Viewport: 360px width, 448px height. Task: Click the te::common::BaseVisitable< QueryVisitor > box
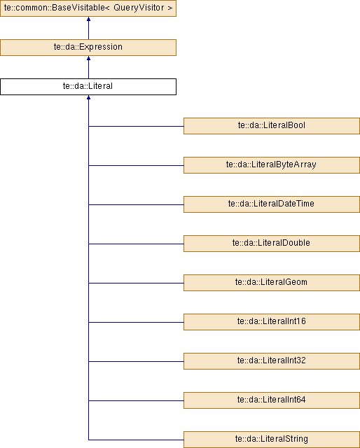click(x=88, y=8)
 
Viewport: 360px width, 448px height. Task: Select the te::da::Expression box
click(x=88, y=48)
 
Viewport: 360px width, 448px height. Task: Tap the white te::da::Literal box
click(x=88, y=87)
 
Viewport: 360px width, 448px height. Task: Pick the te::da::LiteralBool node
click(x=272, y=126)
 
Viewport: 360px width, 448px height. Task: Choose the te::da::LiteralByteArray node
click(x=272, y=165)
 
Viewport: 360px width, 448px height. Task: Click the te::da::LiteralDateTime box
click(x=272, y=204)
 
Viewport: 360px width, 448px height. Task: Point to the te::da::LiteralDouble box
click(x=272, y=244)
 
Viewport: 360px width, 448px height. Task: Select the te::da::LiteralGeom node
click(x=272, y=283)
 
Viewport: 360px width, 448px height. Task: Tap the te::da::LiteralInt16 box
click(x=272, y=322)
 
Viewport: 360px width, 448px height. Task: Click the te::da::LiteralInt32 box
click(x=272, y=361)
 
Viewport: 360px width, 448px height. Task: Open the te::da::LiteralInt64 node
click(x=272, y=400)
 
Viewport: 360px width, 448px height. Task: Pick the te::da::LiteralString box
click(x=272, y=440)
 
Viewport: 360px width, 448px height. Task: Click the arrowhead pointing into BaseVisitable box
click(x=89, y=19)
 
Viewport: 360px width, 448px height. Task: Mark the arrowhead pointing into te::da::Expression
click(x=89, y=58)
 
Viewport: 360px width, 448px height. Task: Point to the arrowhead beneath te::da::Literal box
click(x=89, y=97)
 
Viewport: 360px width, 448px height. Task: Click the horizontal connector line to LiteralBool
click(x=136, y=126)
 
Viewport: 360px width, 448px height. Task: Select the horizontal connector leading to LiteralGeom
click(x=136, y=283)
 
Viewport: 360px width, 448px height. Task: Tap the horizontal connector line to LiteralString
click(x=136, y=440)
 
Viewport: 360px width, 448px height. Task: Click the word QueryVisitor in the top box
click(x=139, y=8)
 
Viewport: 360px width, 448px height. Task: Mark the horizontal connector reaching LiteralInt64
click(x=136, y=400)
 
